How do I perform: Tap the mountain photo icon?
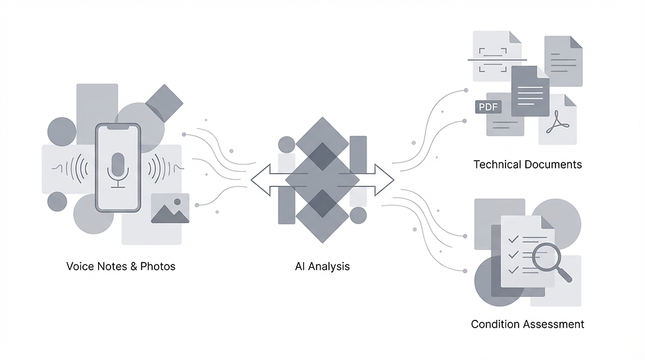click(x=170, y=209)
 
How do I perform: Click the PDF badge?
click(x=488, y=107)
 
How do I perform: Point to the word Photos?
click(x=158, y=266)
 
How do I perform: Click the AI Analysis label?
click(x=322, y=266)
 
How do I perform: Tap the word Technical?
click(x=498, y=165)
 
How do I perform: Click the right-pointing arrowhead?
click(x=384, y=180)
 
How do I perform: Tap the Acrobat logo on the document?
click(x=558, y=123)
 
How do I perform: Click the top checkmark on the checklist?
click(x=513, y=239)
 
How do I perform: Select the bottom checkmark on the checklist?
click(x=513, y=270)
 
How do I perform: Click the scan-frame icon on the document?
click(x=493, y=60)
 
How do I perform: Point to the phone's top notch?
click(x=118, y=128)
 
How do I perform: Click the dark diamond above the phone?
click(x=164, y=103)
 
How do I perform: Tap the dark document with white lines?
click(x=530, y=91)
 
